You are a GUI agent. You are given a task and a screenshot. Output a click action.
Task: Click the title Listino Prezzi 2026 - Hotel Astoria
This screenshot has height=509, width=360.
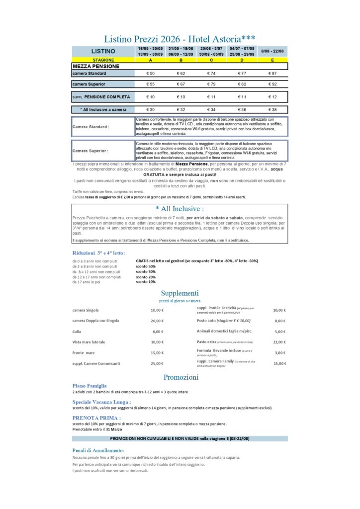coord(180,39)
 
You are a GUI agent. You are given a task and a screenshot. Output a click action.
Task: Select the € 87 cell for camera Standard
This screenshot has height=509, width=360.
coord(272,74)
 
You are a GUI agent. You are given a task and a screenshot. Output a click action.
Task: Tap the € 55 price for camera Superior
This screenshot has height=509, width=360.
coord(150,84)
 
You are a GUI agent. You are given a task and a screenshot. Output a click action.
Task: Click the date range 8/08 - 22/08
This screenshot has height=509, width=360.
coord(272,51)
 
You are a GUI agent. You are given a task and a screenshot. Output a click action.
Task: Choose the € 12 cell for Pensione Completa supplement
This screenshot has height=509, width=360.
coord(272,97)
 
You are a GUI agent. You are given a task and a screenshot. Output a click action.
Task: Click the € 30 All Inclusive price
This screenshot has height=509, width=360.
coord(150,109)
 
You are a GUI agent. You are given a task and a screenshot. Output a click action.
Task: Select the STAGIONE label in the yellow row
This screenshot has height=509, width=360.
coord(103,60)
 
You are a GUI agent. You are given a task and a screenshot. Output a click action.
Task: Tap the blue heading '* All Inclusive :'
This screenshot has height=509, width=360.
coord(180,209)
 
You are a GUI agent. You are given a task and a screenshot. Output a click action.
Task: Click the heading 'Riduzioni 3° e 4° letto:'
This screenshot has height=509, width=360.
coord(98,253)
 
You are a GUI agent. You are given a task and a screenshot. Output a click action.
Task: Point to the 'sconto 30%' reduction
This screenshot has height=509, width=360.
coord(146,271)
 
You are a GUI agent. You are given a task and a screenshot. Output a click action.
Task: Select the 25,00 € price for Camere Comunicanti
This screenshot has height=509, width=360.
coord(157,363)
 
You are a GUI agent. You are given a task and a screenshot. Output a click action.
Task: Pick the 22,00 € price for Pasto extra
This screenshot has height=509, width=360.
coord(279,342)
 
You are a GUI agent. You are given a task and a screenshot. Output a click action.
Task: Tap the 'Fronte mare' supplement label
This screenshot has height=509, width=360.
coord(84,352)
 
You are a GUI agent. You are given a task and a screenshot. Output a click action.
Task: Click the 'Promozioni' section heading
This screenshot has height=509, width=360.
coord(180,377)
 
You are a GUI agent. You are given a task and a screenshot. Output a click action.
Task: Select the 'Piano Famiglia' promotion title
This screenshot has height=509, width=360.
coord(90,385)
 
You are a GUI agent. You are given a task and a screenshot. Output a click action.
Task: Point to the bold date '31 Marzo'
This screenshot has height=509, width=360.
coord(113,429)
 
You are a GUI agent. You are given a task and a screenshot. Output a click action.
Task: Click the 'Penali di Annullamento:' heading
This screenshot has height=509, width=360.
coord(98,450)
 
